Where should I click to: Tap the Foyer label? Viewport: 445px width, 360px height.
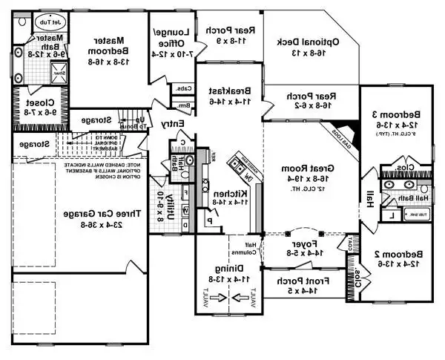point(306,242)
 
